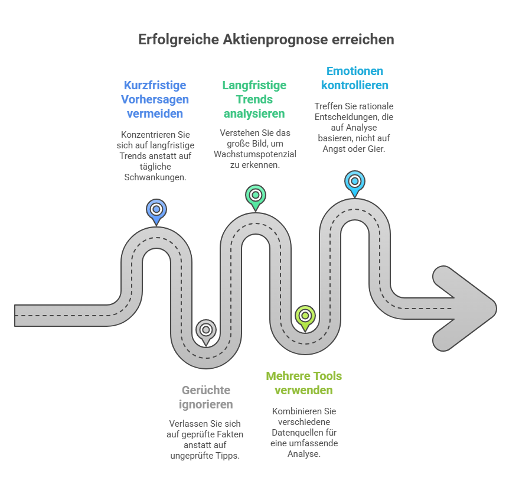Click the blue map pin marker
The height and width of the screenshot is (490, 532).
coord(156,210)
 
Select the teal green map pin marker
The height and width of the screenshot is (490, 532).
coord(256,196)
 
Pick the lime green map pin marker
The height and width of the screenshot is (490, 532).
coord(305,316)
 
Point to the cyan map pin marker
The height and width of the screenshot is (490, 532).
coord(354,182)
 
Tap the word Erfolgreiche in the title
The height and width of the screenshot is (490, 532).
coord(179,40)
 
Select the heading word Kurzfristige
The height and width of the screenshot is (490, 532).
coord(155,85)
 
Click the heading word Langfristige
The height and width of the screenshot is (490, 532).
coord(254,85)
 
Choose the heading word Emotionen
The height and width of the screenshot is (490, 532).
coord(355,71)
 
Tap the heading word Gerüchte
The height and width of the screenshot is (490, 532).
coord(205,390)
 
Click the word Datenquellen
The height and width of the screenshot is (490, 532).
coord(305,432)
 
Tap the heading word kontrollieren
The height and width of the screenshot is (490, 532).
coord(355,85)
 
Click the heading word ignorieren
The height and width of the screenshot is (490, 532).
coord(205,404)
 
